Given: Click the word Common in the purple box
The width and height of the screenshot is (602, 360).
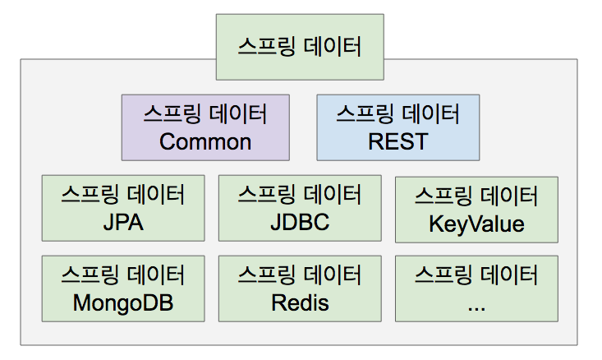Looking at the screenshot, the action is (x=205, y=141).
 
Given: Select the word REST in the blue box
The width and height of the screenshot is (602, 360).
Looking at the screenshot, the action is (x=398, y=141).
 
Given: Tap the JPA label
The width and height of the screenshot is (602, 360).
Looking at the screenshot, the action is (x=123, y=223).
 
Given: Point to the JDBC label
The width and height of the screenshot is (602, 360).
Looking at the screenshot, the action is (x=300, y=222).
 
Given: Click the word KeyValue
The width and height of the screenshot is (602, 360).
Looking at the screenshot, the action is (x=476, y=224).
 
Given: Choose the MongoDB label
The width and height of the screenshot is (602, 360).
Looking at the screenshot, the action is (x=123, y=303).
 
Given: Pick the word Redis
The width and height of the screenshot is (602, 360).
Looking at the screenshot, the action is (x=300, y=302).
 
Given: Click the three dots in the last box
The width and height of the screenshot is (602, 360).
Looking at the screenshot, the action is (x=476, y=308).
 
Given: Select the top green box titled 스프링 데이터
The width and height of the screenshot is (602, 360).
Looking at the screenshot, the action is (x=300, y=47).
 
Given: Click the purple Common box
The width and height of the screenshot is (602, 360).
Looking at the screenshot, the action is (x=205, y=127).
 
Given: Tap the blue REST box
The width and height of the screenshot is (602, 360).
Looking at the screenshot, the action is (x=398, y=127).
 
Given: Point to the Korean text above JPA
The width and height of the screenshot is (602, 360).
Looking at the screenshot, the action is (x=123, y=195).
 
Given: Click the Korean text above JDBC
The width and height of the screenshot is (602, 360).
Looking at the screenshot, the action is (x=300, y=195).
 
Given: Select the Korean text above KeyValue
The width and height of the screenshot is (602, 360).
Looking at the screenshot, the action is (x=476, y=196).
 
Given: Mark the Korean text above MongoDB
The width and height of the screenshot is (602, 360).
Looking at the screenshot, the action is (x=123, y=275).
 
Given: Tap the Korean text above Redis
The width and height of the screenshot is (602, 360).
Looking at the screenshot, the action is (x=300, y=275).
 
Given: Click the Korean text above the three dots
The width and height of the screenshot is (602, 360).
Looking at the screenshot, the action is (x=476, y=275).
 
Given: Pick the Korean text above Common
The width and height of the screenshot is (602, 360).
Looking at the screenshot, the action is (x=205, y=114).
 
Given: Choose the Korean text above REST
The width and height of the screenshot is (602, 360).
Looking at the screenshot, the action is (x=398, y=114).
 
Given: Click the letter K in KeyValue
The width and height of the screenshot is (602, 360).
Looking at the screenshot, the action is (x=436, y=224).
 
